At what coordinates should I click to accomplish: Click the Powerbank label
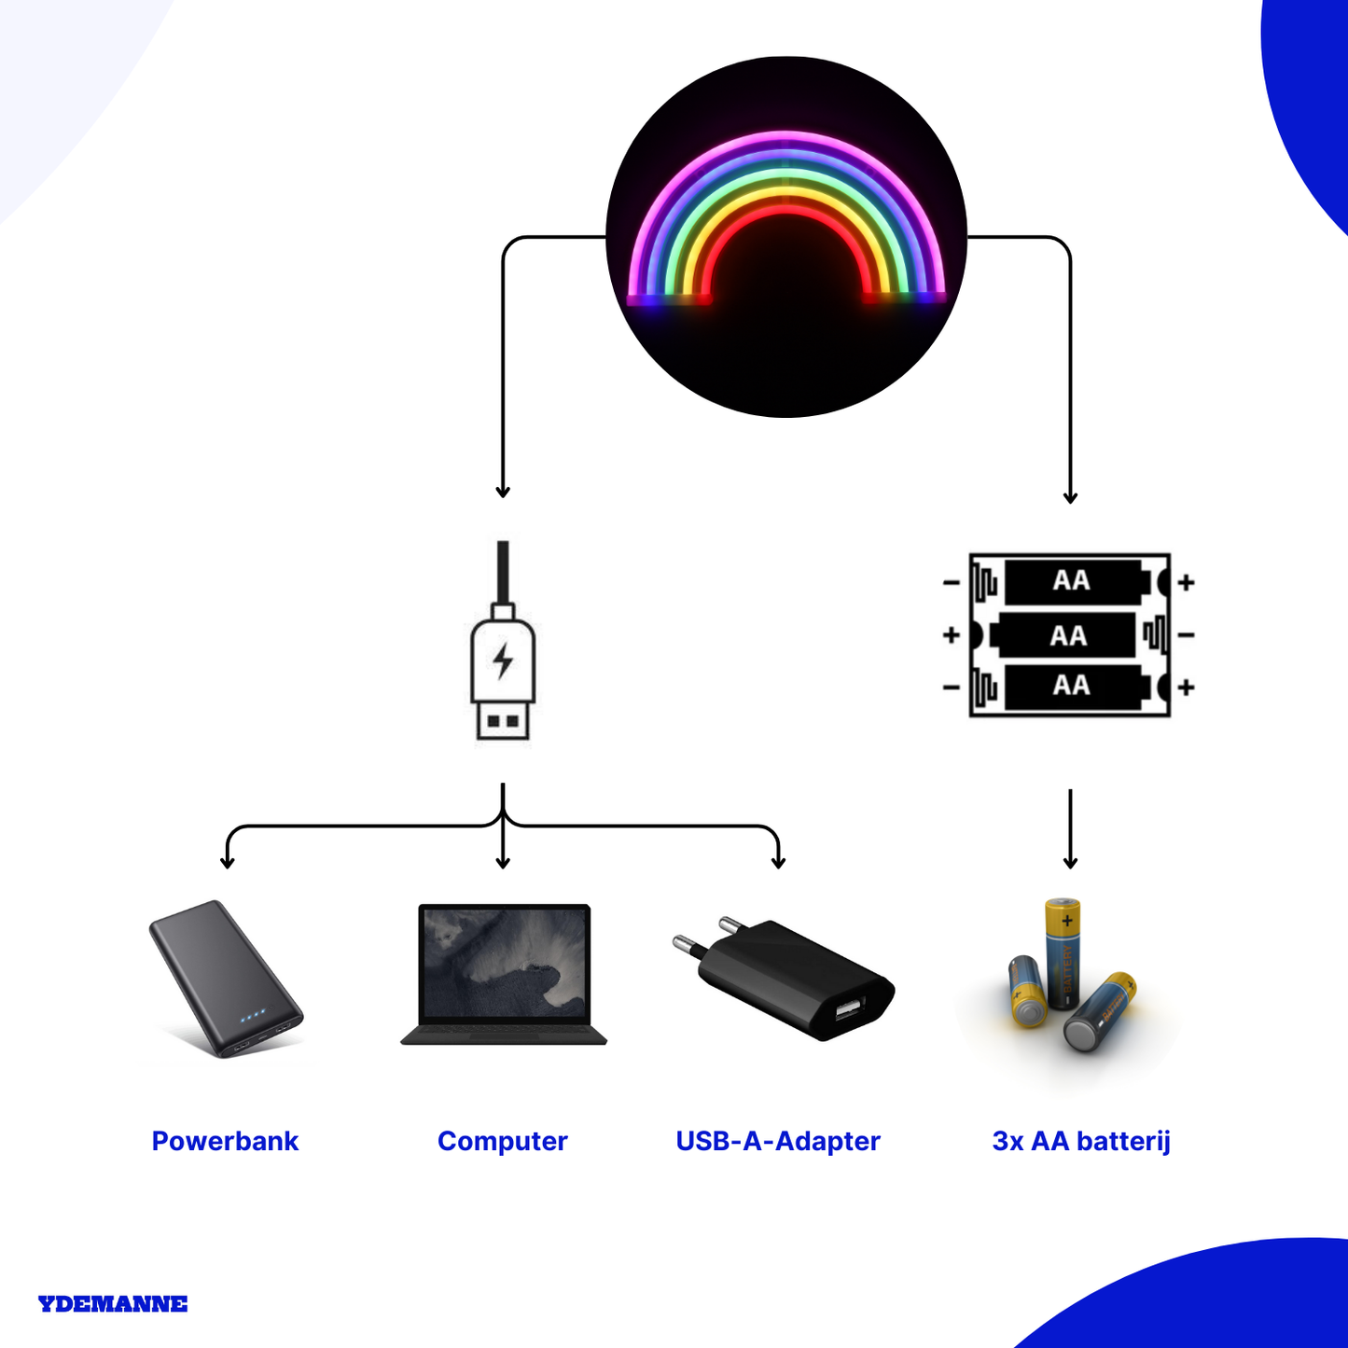[225, 1141]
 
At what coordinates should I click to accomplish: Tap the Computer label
[502, 1141]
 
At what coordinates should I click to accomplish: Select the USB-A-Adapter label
[778, 1141]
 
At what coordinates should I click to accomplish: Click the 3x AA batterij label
[1081, 1141]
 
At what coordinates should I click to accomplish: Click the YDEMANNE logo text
[113, 1304]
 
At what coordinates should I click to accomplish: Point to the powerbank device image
[226, 979]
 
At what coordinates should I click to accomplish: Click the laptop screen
[504, 964]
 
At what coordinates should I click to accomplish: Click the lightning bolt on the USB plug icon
[503, 661]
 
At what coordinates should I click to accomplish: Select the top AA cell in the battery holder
[1077, 581]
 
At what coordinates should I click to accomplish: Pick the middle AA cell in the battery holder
[1063, 635]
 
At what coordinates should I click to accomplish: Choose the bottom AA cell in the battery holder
[1077, 687]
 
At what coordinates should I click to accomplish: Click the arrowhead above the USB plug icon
[502, 492]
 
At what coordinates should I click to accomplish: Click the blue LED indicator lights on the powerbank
[253, 1016]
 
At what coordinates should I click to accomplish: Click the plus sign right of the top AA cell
[1186, 582]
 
